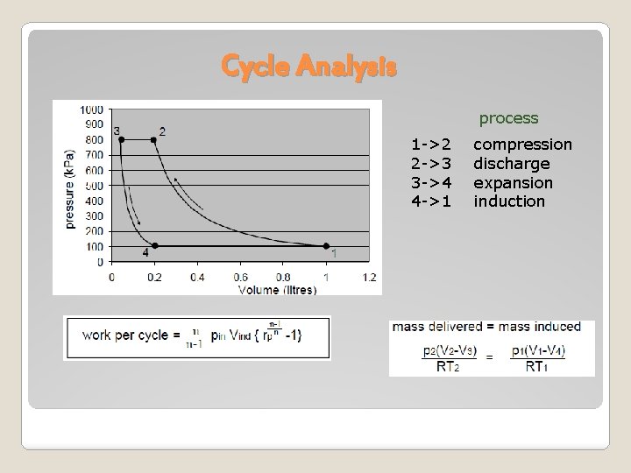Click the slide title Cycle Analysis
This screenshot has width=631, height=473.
(309, 66)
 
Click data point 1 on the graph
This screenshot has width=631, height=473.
(326, 246)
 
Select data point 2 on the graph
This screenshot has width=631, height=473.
(154, 139)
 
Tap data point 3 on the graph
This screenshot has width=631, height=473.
(121, 139)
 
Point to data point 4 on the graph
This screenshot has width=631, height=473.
(154, 246)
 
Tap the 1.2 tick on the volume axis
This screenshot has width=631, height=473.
(369, 277)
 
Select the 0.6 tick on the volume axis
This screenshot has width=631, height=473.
(240, 277)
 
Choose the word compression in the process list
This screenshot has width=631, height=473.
(522, 144)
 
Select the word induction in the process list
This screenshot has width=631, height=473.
(509, 201)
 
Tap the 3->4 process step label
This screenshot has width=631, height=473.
(431, 182)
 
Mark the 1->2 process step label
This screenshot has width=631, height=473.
(431, 144)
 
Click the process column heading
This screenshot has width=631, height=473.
(508, 117)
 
